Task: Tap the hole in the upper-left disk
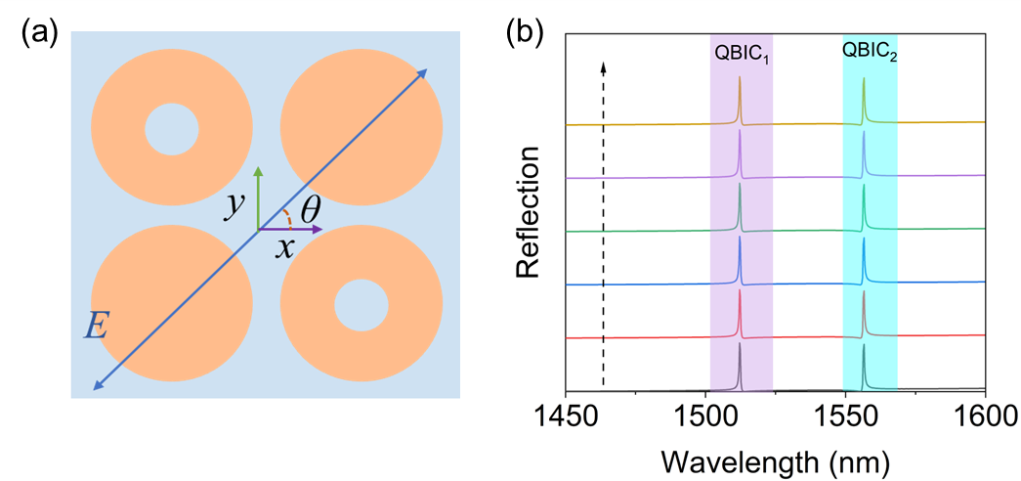coord(172,129)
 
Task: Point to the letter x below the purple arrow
coord(284,248)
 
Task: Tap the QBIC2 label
coord(870,55)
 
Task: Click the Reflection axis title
coord(529,212)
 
